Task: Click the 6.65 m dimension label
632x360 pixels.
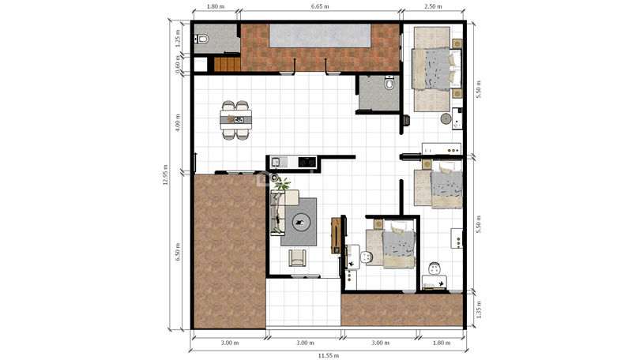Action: [320, 6]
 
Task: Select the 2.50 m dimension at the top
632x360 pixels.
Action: [433, 6]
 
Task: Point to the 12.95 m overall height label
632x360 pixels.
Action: [165, 174]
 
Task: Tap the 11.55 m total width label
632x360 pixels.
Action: [328, 355]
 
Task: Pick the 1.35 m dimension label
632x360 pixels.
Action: [479, 309]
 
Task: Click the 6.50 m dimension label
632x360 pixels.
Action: [178, 252]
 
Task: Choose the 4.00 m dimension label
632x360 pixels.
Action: [178, 122]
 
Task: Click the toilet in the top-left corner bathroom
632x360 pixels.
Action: [201, 39]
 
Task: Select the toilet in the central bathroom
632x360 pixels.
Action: [389, 83]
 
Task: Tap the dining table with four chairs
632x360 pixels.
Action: [235, 120]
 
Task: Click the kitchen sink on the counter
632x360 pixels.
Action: [276, 162]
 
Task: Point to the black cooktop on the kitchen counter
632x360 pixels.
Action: [307, 162]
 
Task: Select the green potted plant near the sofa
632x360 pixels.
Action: [282, 184]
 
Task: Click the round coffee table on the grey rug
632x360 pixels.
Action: [300, 222]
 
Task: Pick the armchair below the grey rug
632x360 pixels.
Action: [297, 257]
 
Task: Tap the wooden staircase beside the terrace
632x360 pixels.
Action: [227, 65]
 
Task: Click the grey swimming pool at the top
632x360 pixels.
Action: [320, 36]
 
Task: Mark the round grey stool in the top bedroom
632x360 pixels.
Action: [446, 118]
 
